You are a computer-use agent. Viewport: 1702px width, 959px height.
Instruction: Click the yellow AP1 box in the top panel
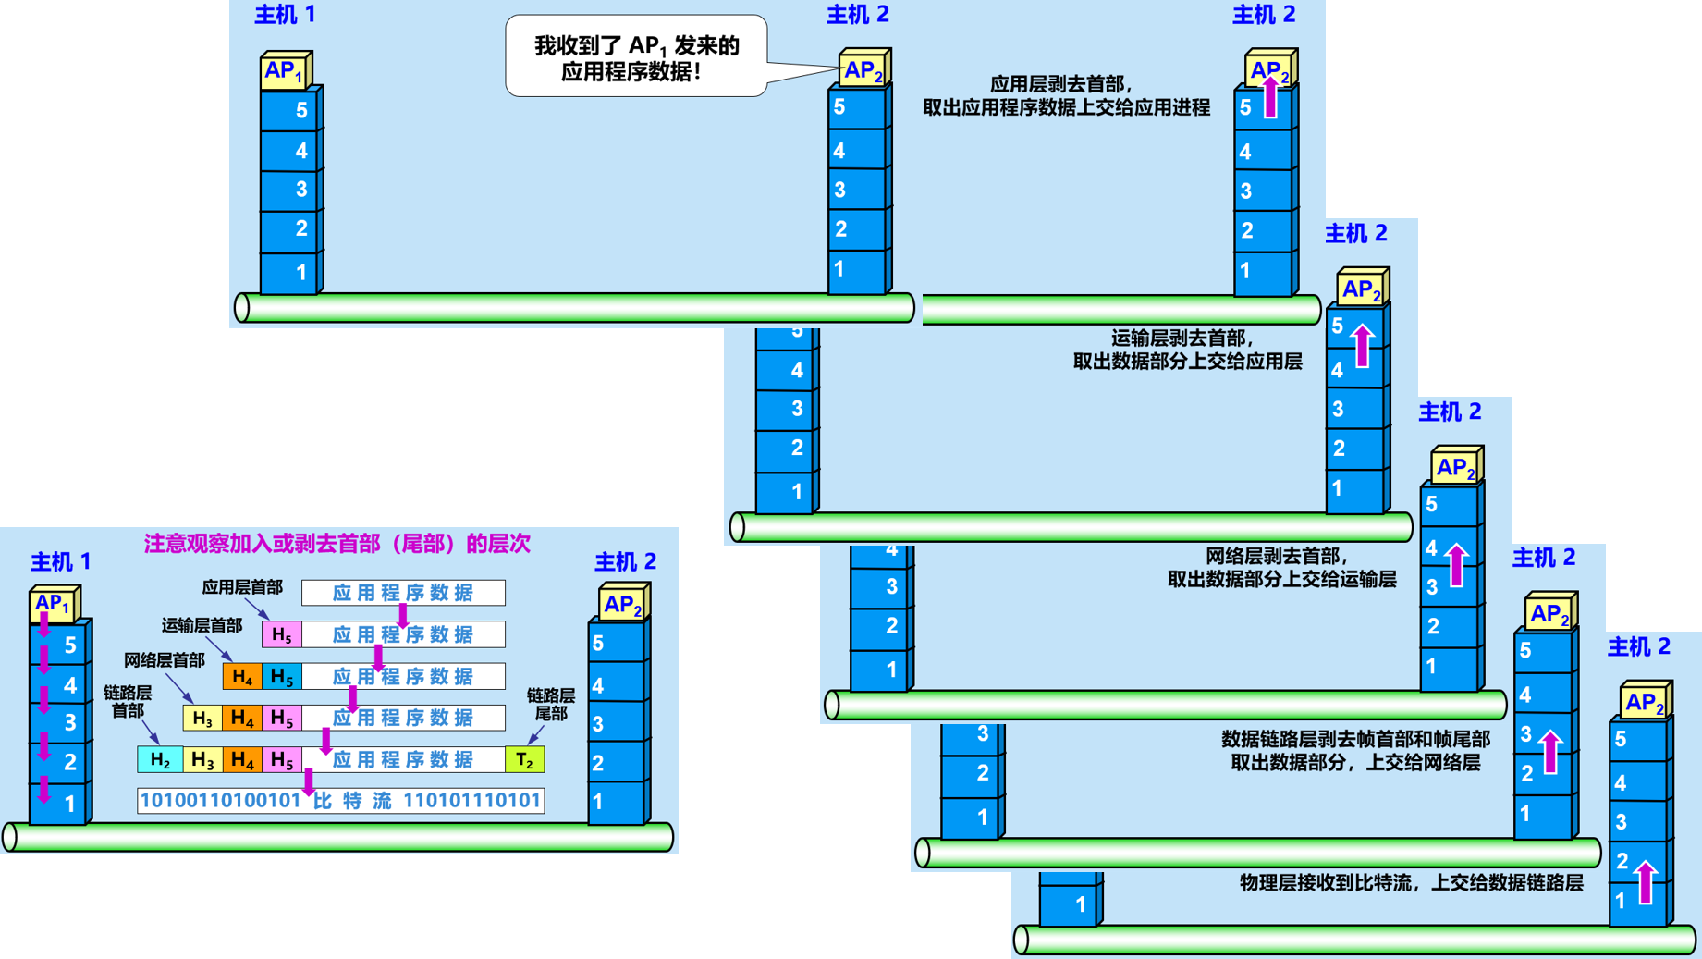click(x=285, y=71)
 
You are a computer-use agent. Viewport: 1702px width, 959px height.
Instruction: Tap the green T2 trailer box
click(x=524, y=759)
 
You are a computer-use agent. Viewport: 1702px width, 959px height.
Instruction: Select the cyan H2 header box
click(x=160, y=759)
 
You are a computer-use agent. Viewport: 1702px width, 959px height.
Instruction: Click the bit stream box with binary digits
click(x=340, y=800)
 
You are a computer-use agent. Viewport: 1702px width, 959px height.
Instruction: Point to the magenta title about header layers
click(x=337, y=544)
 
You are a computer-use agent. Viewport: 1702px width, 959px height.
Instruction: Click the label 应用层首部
click(x=242, y=587)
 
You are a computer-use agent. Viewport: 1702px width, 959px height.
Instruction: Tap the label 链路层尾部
click(x=550, y=704)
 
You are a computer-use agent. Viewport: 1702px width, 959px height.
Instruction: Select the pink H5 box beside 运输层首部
click(x=281, y=634)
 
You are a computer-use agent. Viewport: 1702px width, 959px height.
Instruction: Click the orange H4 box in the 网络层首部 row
click(x=241, y=676)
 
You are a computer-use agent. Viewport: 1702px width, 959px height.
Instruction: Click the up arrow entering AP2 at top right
click(x=1270, y=96)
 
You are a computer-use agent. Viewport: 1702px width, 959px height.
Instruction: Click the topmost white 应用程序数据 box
click(x=403, y=593)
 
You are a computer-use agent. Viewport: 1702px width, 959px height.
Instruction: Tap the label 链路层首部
click(x=128, y=702)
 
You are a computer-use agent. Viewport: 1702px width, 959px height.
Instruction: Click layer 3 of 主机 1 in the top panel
click(x=290, y=190)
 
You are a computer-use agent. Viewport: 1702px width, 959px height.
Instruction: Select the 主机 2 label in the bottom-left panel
click(x=625, y=561)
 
